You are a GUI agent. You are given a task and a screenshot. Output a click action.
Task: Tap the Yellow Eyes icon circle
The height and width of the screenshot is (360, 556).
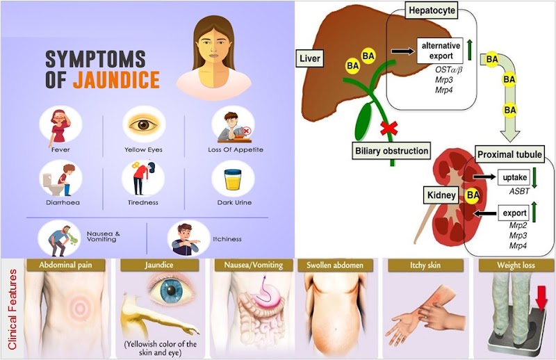144,124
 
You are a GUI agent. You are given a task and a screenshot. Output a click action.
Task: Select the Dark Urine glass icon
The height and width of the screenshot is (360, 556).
231,179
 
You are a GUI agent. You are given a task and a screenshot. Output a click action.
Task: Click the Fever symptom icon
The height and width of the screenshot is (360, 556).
61,126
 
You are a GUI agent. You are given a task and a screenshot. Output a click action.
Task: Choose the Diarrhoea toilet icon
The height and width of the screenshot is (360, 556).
61,179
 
